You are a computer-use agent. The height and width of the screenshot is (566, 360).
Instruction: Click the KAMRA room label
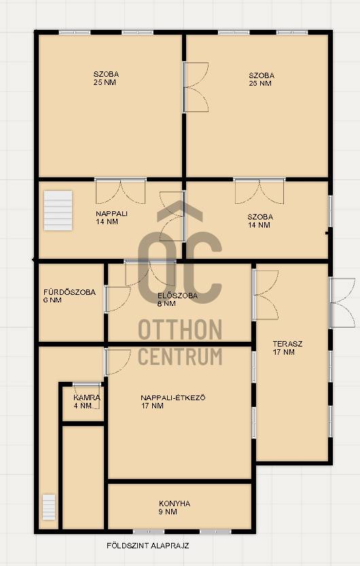(87, 397)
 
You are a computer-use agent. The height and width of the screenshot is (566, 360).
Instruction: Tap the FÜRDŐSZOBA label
(69, 292)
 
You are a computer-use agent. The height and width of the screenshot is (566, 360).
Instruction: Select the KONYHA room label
(175, 503)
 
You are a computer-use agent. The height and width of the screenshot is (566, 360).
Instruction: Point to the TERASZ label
(287, 344)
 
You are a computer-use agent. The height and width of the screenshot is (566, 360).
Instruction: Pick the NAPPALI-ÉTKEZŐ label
(173, 397)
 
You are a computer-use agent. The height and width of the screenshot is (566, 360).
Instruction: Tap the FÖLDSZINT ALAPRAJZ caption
(148, 546)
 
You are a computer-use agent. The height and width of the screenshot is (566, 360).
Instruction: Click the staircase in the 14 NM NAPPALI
(58, 211)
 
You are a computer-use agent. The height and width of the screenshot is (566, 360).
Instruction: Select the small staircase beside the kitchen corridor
(49, 507)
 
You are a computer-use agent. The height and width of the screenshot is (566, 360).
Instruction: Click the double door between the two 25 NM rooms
(196, 87)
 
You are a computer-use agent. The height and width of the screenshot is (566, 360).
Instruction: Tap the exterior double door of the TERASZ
(342, 302)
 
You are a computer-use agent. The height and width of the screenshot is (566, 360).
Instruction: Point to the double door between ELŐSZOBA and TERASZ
(266, 295)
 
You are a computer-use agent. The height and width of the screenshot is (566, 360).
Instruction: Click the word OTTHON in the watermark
(180, 330)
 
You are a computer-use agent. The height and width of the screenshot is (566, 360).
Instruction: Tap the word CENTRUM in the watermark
(180, 357)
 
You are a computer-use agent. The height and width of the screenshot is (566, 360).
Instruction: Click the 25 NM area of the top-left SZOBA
(105, 82)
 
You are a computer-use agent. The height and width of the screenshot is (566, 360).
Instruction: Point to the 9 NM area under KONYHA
(168, 512)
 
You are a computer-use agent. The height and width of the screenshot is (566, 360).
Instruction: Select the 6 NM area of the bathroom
(53, 300)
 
